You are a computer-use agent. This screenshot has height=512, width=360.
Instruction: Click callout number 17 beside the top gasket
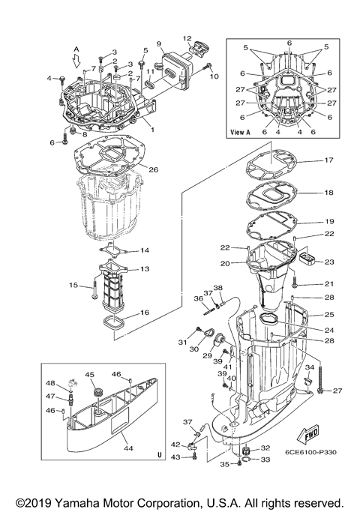tap(328, 160)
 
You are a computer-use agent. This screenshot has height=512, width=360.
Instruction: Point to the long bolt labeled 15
tap(94, 290)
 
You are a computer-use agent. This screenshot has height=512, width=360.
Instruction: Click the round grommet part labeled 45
tap(96, 391)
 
